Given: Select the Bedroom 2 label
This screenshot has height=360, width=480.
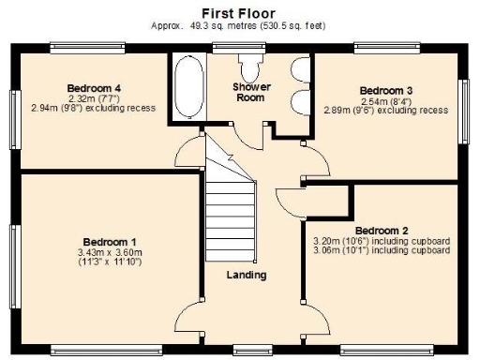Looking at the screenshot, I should (382, 230).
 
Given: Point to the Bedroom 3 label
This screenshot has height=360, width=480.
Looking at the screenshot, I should (387, 90).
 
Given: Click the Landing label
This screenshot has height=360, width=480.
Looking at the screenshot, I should (247, 275).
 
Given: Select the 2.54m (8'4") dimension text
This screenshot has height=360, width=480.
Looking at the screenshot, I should (387, 100).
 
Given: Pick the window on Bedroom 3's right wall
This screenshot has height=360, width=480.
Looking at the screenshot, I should (462, 110).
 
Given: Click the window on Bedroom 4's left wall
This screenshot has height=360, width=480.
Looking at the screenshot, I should (13, 118).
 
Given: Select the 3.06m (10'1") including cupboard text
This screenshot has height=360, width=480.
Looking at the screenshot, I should (382, 250).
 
